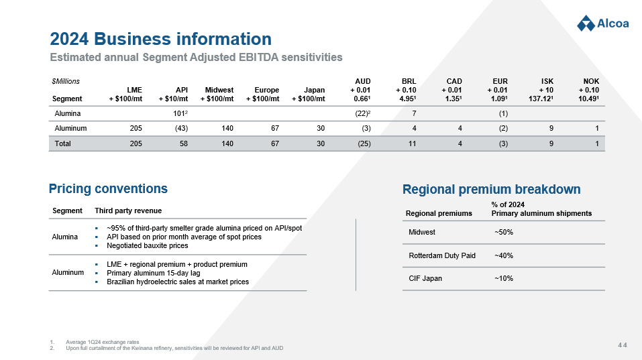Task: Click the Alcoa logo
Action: (x=602, y=23)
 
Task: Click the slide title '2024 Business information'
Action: (x=160, y=39)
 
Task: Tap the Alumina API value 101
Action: (x=179, y=113)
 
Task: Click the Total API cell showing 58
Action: (x=183, y=143)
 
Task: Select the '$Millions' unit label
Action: (x=66, y=81)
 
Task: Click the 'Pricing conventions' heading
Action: (x=108, y=188)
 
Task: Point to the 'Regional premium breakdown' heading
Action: (x=491, y=189)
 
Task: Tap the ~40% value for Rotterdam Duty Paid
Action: (x=504, y=255)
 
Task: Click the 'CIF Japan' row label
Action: (x=425, y=278)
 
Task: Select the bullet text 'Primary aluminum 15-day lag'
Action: (x=153, y=273)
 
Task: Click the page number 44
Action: (x=622, y=345)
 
